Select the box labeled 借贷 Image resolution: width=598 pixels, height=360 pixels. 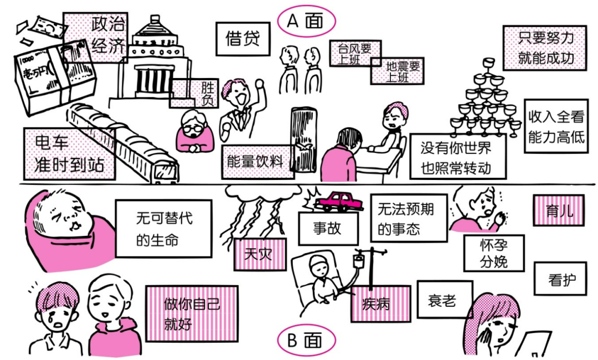click(x=243, y=39)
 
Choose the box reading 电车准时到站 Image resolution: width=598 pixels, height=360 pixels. click(x=69, y=154)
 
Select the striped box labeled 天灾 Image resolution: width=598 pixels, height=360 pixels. click(x=259, y=254)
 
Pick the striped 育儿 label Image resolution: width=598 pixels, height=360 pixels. click(x=559, y=210)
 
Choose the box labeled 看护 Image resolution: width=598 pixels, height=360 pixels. click(x=559, y=280)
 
